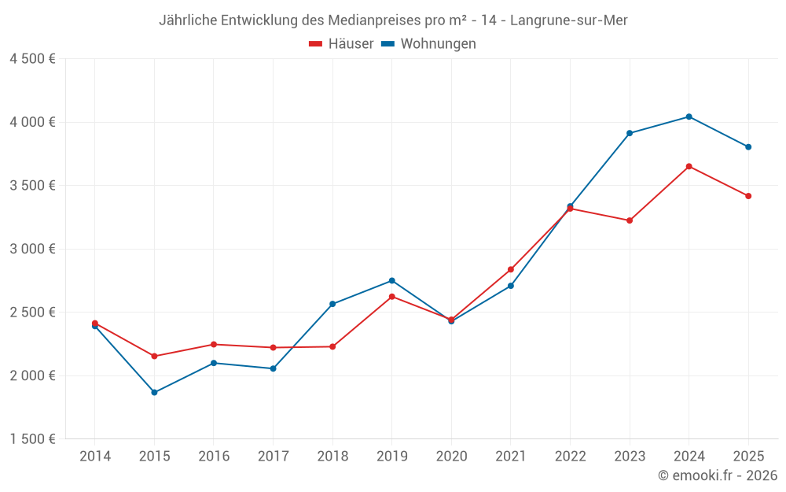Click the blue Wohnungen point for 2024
tap(689, 117)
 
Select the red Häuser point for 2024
tap(689, 166)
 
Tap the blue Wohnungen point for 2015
tap(154, 392)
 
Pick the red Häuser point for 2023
tap(630, 220)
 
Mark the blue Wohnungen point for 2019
tap(391, 280)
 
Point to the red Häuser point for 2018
tap(332, 346)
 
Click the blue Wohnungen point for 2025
tap(748, 146)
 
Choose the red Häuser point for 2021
tap(511, 269)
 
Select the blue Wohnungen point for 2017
tap(273, 368)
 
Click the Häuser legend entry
tap(341, 44)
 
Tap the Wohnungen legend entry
tap(428, 44)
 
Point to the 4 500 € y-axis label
tap(32, 59)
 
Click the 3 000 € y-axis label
tap(32, 249)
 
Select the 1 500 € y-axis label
tap(32, 439)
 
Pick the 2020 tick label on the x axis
tap(451, 456)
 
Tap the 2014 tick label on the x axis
tap(95, 456)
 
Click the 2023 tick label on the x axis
tap(630, 456)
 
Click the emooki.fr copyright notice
tap(718, 475)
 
